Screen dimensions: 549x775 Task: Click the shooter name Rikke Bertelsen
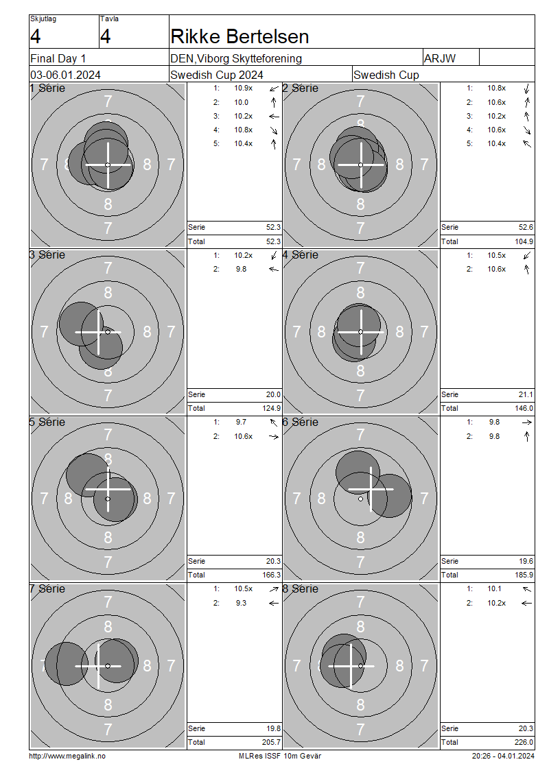(x=240, y=36)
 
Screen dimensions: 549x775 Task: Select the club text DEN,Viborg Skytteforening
(x=236, y=58)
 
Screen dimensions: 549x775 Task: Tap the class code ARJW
(x=440, y=58)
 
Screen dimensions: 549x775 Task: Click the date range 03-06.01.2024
(x=65, y=75)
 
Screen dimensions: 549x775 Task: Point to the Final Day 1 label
(x=58, y=59)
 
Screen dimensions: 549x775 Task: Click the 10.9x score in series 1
(x=244, y=88)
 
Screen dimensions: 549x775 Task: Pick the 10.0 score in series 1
(x=242, y=102)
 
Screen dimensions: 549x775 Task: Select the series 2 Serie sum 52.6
(x=526, y=228)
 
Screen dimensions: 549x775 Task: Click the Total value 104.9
(x=524, y=241)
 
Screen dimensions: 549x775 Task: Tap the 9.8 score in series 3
(x=241, y=270)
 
